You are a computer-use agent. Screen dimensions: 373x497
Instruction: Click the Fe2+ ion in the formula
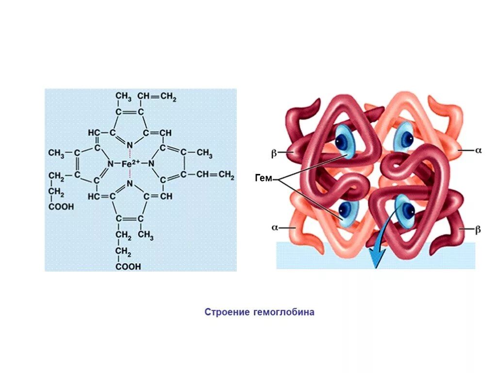tap(131, 164)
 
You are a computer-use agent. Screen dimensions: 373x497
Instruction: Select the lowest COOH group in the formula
tap(128, 267)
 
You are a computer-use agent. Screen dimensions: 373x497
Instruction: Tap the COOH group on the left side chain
tap(61, 207)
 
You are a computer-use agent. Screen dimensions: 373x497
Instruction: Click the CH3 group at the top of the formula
tap(123, 97)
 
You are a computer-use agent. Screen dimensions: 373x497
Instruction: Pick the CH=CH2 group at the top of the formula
tap(157, 96)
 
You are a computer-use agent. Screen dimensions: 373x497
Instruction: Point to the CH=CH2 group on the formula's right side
tap(215, 174)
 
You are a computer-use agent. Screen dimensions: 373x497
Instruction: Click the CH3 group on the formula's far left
tap(56, 153)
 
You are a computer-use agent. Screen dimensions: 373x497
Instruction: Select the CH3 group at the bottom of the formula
tap(146, 236)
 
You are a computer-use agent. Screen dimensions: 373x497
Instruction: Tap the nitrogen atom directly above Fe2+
tap(130, 145)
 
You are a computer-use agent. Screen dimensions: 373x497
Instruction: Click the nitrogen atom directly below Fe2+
tap(130, 184)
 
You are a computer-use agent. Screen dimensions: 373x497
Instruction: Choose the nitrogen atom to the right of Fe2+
tap(151, 164)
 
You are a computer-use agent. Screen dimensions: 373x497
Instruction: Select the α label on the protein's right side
tap(478, 151)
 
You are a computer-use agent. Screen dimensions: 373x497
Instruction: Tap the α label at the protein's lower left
tap(274, 227)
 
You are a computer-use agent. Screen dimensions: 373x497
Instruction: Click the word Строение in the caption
tap(227, 312)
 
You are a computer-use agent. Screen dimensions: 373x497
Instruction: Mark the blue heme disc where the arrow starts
tap(404, 210)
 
